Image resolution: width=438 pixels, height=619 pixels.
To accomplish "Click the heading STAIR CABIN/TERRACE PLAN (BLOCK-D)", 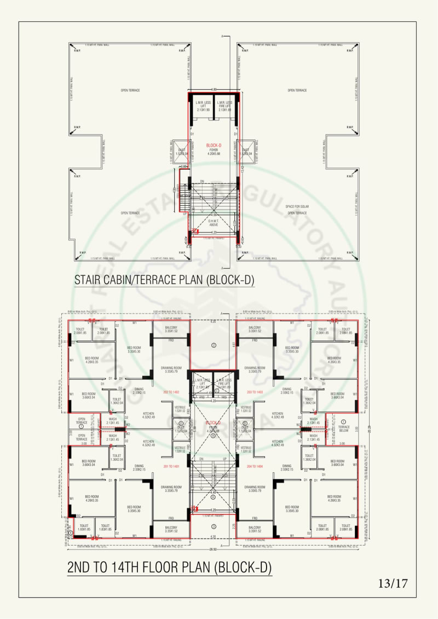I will coord(165,280).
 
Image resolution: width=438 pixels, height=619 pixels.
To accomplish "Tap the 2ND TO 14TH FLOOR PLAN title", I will coord(169,568).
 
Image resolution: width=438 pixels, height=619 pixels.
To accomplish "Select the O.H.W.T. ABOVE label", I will coord(214,223).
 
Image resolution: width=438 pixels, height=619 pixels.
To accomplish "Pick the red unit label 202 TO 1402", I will coord(171,392).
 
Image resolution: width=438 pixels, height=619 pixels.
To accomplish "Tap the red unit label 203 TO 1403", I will coord(255,392).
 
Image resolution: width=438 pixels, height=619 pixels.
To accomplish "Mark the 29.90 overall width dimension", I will coord(212,549).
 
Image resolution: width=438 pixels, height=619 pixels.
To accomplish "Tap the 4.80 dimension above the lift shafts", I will coord(214,89).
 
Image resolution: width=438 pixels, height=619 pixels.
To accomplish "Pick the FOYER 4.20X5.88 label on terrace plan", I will coord(214,150).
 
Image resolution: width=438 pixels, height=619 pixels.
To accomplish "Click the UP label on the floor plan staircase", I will coord(224,459).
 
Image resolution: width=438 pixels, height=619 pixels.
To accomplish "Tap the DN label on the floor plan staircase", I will coord(201,459).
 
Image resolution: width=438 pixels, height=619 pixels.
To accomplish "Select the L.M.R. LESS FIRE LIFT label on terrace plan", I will coord(224,106).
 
